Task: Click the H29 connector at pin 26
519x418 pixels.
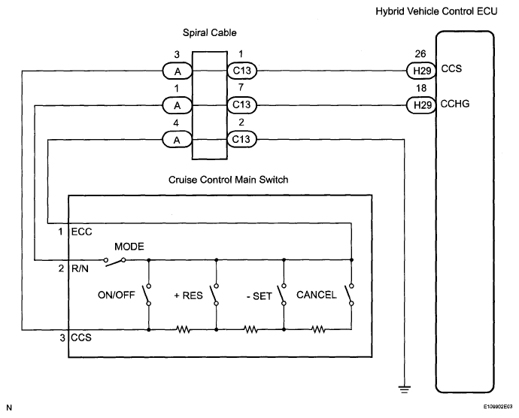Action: (x=421, y=71)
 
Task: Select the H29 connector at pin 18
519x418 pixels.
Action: (x=421, y=105)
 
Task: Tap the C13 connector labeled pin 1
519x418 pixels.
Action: (x=242, y=71)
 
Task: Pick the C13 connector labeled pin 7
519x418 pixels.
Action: (x=242, y=105)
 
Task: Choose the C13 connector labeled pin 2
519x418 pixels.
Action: (x=242, y=139)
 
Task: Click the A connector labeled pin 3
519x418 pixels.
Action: (x=178, y=71)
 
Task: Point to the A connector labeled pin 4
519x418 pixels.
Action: (x=178, y=139)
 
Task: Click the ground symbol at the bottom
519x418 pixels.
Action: (x=404, y=389)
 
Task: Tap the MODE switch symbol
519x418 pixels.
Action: (x=114, y=262)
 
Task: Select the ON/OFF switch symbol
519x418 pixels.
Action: (x=147, y=295)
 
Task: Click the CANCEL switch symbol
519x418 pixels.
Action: (x=350, y=295)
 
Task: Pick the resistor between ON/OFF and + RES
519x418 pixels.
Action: (x=183, y=329)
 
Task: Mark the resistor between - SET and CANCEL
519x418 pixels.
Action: (x=318, y=329)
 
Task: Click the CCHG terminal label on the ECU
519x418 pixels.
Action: (x=455, y=104)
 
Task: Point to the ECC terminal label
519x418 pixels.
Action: (x=82, y=232)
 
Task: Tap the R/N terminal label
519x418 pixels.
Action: (x=80, y=268)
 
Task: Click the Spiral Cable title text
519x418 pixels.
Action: (x=210, y=33)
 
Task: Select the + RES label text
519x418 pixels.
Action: (x=188, y=295)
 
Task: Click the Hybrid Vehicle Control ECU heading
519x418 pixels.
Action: (x=436, y=11)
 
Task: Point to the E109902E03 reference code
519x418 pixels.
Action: (x=498, y=407)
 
